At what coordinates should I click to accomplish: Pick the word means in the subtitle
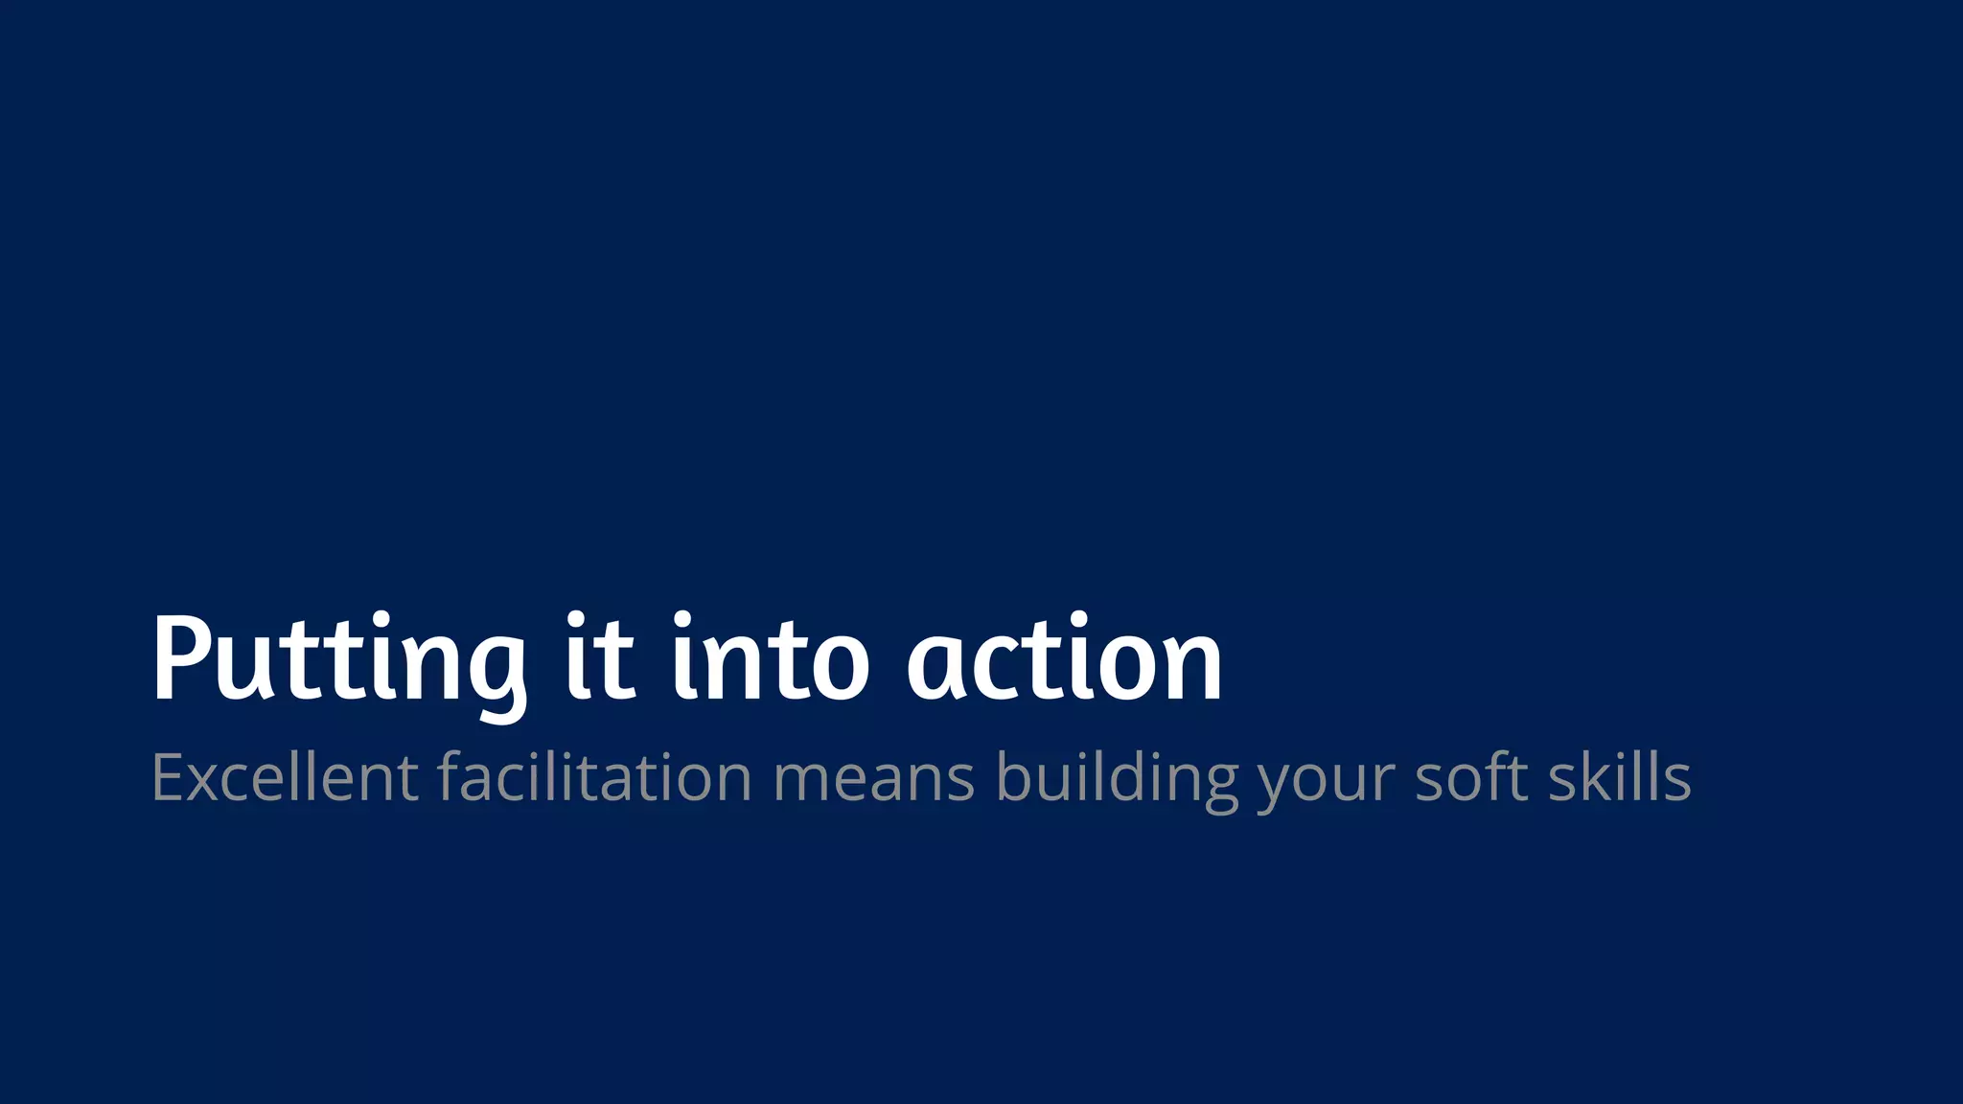tap(874, 778)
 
